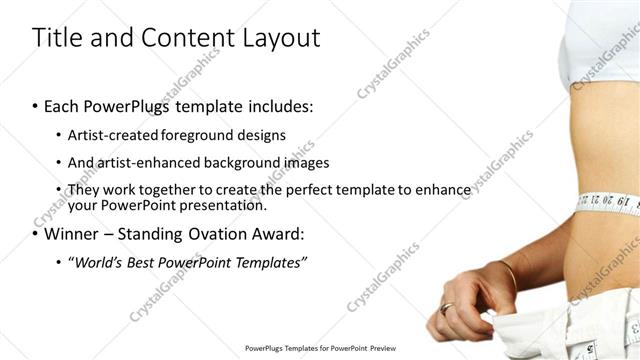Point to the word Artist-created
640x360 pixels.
click(x=112, y=134)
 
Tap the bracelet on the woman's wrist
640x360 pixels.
click(x=507, y=272)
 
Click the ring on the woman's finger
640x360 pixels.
click(x=446, y=308)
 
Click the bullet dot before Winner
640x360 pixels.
click(x=36, y=235)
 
